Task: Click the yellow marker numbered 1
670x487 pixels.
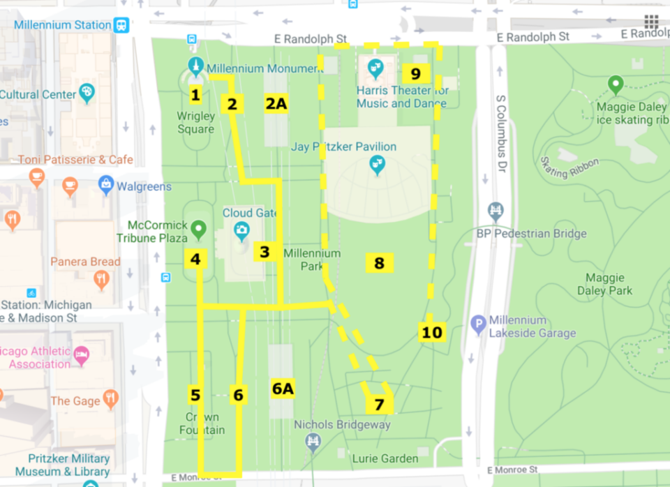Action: point(195,95)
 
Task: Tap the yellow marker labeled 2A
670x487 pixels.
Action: point(276,103)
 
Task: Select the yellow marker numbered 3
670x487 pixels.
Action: point(265,252)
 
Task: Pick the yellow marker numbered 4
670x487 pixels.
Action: point(195,259)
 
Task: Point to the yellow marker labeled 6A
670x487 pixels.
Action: point(283,389)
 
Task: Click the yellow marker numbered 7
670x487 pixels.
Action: point(379,404)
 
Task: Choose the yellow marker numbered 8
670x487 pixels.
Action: point(379,263)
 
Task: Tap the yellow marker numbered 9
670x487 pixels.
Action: point(415,73)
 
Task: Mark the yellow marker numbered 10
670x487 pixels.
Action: point(432,332)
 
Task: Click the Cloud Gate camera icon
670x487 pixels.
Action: point(241,229)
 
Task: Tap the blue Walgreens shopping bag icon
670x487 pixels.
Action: point(106,186)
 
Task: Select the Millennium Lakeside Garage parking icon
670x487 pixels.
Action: point(478,324)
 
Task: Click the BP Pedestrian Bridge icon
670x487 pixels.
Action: point(496,211)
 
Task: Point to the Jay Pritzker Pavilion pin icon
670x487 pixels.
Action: point(377,165)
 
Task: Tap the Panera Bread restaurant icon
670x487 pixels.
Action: point(102,280)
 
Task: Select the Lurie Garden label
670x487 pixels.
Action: point(385,458)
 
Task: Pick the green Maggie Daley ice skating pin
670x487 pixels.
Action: point(615,86)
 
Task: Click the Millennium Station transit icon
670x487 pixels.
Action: point(122,24)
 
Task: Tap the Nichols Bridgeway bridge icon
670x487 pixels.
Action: point(313,440)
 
